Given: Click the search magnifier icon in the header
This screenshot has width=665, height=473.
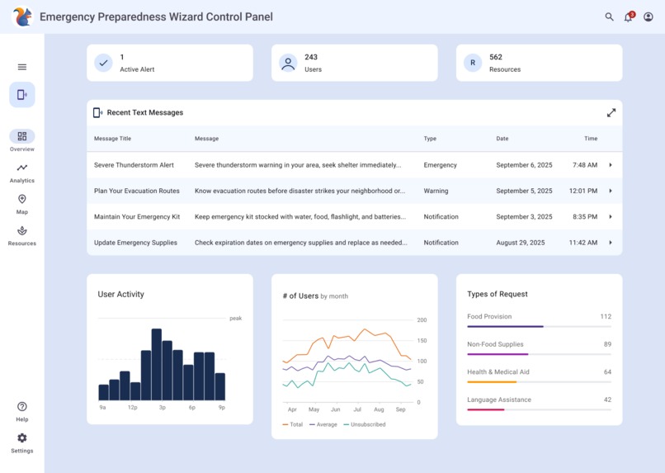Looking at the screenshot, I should (609, 17).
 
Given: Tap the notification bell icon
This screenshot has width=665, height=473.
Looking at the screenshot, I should (628, 17).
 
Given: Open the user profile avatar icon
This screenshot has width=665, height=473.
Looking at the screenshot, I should (648, 17).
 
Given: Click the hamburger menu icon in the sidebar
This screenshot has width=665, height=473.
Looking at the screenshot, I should (22, 67).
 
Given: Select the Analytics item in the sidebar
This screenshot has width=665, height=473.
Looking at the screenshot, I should (22, 173).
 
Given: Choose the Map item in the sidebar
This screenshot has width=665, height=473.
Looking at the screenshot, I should (22, 204).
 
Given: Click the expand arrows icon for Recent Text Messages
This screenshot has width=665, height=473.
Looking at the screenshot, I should (611, 113).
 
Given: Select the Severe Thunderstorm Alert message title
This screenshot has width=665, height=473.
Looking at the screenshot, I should (134, 165).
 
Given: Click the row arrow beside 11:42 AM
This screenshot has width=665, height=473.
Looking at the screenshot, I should (611, 243).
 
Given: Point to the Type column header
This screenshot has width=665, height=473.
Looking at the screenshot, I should (430, 139).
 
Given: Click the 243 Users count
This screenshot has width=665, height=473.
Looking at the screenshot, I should (311, 57).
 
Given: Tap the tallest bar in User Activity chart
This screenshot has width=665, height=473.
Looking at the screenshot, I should (157, 364).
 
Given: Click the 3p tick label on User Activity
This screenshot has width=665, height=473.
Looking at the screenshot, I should (163, 408).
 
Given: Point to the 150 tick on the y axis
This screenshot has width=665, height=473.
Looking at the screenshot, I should (422, 341).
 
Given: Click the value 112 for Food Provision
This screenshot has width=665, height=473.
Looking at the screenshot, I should (606, 317).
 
